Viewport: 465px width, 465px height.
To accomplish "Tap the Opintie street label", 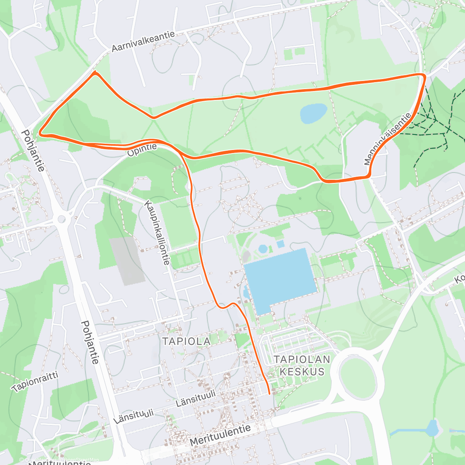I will click(x=142, y=150).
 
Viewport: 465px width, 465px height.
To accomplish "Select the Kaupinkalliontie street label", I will click(x=157, y=232).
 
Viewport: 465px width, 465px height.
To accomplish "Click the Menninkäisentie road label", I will click(x=387, y=139).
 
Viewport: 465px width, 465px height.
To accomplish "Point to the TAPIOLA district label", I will click(x=186, y=341).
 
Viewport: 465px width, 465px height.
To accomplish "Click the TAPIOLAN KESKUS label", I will click(x=302, y=365).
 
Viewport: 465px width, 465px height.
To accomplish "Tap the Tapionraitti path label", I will click(x=35, y=381).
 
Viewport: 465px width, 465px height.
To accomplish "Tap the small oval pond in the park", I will click(x=313, y=113).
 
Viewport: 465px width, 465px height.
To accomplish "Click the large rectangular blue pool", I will click(x=280, y=281).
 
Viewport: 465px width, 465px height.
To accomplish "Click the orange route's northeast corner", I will click(x=424, y=74).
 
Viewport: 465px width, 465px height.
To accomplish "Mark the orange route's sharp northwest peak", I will click(x=95, y=72).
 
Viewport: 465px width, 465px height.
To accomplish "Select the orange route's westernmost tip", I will click(x=40, y=134).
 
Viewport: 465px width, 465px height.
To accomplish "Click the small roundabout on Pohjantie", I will click(x=61, y=219).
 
